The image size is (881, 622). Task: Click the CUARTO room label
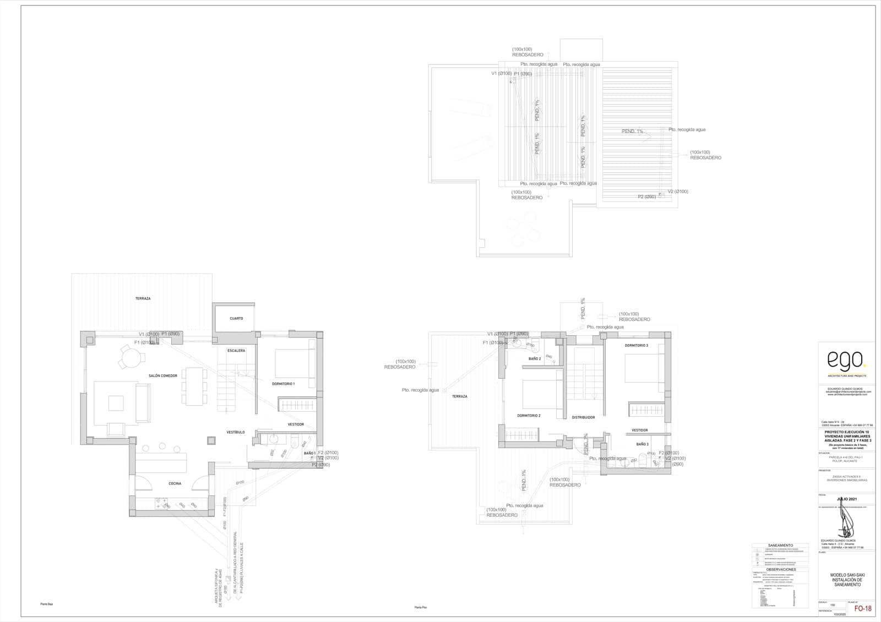236,319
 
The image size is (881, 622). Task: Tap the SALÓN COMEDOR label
163,376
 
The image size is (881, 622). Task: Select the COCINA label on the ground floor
175,484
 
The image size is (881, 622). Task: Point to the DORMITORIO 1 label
283,384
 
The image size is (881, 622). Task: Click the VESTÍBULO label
236,433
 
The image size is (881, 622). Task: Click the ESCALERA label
236,351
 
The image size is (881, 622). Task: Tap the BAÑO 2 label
535,359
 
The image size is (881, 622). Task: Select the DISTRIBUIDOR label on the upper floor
583,418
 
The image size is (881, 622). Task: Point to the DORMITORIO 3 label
636,346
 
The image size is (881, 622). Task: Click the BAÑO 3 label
642,444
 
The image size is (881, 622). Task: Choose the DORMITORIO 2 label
529,416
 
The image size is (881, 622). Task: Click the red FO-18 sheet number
862,609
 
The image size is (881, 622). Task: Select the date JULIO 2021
846,499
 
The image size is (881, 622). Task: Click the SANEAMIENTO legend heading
780,545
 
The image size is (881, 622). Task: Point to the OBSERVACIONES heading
780,570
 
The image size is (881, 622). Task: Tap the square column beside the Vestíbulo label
211,440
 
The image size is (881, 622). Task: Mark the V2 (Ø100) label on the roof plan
678,192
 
